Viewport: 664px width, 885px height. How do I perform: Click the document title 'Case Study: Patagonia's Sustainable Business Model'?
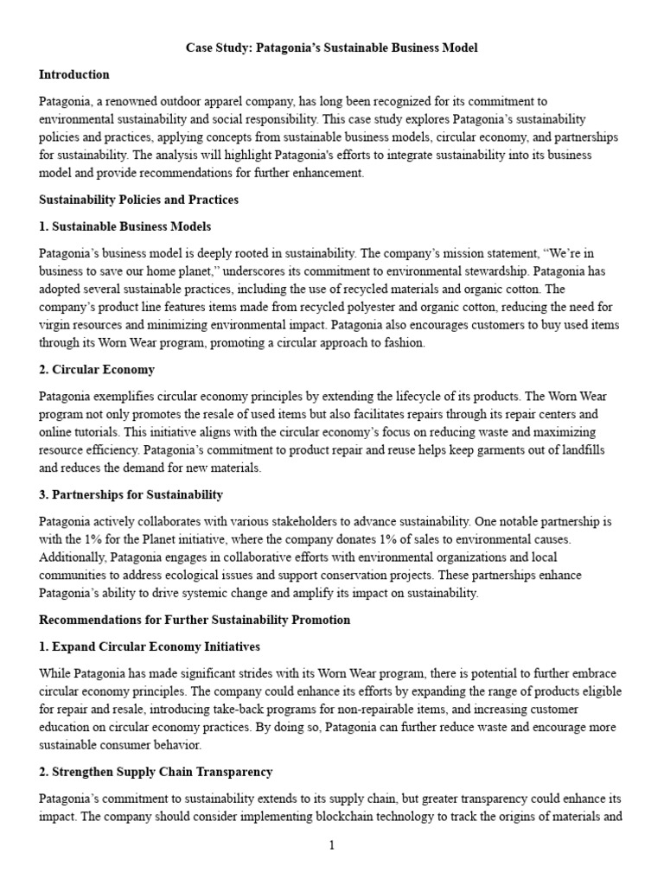332,48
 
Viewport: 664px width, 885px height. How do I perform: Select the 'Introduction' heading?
74,74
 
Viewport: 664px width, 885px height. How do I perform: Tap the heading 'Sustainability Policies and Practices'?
138,200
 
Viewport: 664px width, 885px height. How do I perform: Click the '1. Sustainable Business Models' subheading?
124,226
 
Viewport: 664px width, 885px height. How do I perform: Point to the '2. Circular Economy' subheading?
97,369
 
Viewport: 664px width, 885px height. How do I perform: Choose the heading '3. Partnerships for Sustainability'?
131,495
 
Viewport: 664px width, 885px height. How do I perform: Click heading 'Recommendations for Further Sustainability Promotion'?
195,620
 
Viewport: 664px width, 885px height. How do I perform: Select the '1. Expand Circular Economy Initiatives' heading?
149,646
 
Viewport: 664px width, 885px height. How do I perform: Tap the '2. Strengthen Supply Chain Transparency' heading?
156,772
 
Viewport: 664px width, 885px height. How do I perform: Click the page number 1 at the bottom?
332,845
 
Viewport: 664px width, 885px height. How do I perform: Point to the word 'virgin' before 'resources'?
55,324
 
